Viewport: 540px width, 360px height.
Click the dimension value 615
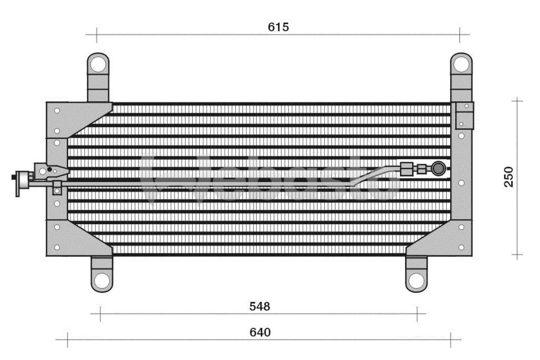click(x=278, y=27)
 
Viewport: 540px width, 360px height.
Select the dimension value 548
click(x=260, y=306)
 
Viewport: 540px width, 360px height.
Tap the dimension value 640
click(x=260, y=332)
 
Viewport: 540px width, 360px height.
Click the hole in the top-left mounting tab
click(x=98, y=64)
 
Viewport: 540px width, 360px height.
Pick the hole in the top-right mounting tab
click(x=461, y=63)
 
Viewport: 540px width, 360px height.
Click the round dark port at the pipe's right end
click(x=438, y=169)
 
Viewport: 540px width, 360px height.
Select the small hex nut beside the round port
click(x=421, y=169)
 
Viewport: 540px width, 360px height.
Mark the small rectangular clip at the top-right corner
click(x=464, y=115)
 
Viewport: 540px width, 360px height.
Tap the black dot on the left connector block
click(x=50, y=169)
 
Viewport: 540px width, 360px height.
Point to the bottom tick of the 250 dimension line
click(x=517, y=255)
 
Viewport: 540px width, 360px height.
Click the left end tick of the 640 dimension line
click(x=67, y=339)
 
